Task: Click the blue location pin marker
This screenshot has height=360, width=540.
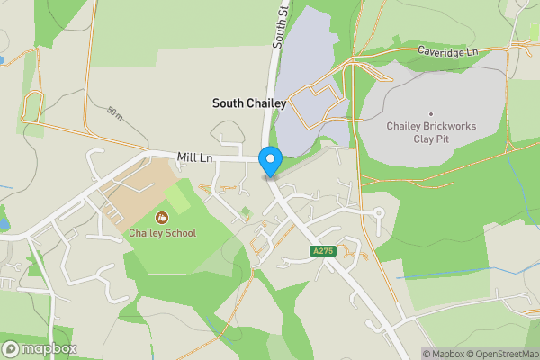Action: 270,161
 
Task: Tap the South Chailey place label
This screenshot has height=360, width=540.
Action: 248,103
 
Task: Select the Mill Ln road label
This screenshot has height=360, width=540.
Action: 194,157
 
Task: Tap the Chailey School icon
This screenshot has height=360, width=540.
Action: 162,218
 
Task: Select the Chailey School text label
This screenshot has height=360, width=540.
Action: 162,233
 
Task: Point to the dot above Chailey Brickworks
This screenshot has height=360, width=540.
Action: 431,113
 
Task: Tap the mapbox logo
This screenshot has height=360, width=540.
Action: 40,348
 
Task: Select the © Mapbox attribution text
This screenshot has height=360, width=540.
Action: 443,354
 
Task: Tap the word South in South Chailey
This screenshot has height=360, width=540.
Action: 228,103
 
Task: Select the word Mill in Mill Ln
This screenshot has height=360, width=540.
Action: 187,157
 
